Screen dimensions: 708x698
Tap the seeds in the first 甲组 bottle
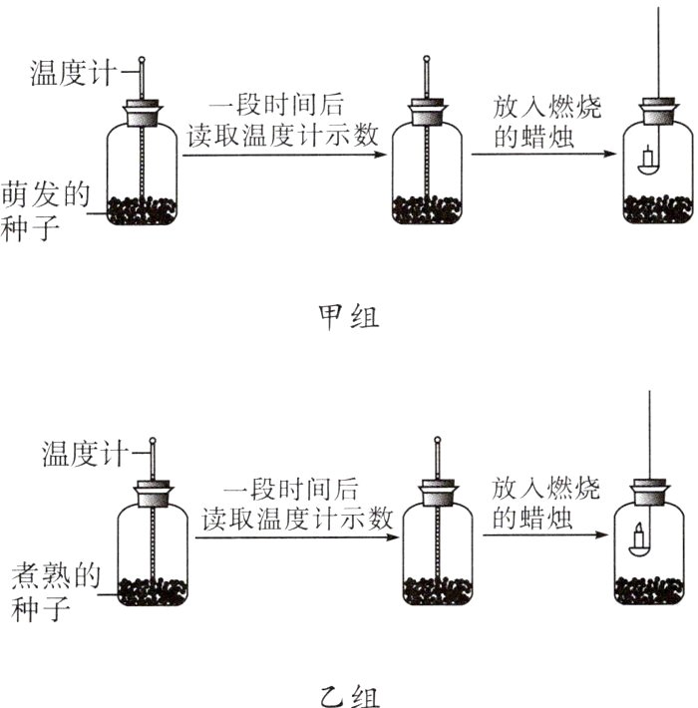pyautogui.click(x=143, y=209)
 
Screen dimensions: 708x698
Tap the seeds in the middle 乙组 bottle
pyautogui.click(x=437, y=590)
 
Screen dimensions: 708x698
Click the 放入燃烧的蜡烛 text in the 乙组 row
pyautogui.click(x=538, y=504)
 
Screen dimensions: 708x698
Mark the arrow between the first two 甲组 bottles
pyautogui.click(x=283, y=156)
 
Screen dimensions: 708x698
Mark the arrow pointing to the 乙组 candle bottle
pyautogui.click(x=543, y=536)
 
